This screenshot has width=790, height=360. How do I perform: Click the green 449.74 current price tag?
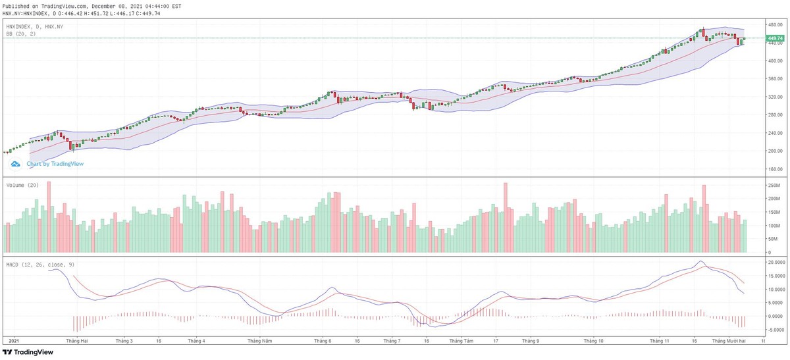[775, 38]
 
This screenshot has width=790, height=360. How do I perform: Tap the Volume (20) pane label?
[21, 185]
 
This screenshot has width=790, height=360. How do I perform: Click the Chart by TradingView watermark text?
[55, 164]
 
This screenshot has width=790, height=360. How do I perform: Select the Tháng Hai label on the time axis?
[77, 341]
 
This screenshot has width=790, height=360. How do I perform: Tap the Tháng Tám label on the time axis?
[461, 341]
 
